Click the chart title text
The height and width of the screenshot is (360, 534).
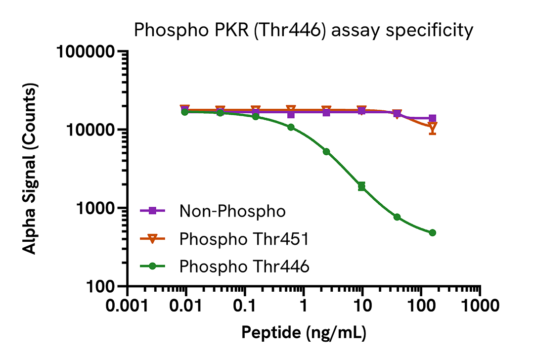[304, 31]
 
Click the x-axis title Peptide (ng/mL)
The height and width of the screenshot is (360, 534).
[304, 333]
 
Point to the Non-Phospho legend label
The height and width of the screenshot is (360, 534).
[232, 212]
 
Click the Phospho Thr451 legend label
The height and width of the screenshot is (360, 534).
[244, 239]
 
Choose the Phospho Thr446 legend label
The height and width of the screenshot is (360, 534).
[244, 267]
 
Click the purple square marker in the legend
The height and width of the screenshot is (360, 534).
[153, 211]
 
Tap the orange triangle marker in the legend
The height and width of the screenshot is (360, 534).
[153, 239]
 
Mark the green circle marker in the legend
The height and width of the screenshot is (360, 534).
[153, 267]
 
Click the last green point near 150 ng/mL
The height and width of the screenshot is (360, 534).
[432, 232]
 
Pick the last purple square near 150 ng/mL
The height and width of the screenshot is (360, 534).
[432, 118]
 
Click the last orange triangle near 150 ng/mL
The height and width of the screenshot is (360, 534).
[433, 128]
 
